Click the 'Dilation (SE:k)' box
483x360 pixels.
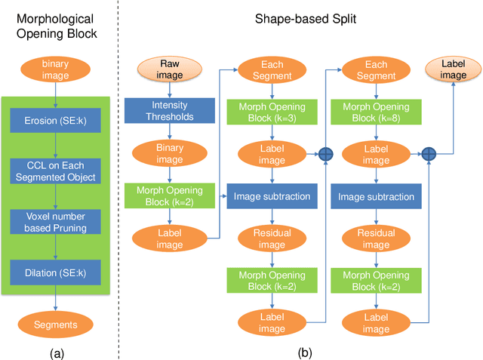point(54,271)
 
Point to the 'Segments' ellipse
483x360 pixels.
point(54,324)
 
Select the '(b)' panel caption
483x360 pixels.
point(304,351)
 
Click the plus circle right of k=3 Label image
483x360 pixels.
point(326,154)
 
